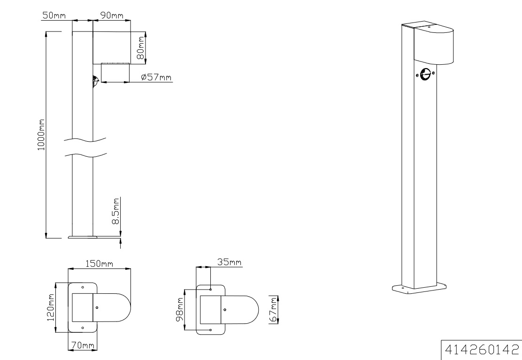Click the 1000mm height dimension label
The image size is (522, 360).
(x=41, y=134)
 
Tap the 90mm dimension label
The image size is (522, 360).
(x=111, y=15)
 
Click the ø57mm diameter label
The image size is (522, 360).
(x=156, y=77)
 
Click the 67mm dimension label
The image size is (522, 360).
(x=273, y=309)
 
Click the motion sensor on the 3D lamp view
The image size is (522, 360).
(x=425, y=74)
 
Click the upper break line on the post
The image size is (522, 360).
(x=84, y=139)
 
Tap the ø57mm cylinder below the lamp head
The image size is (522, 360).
(x=115, y=73)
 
